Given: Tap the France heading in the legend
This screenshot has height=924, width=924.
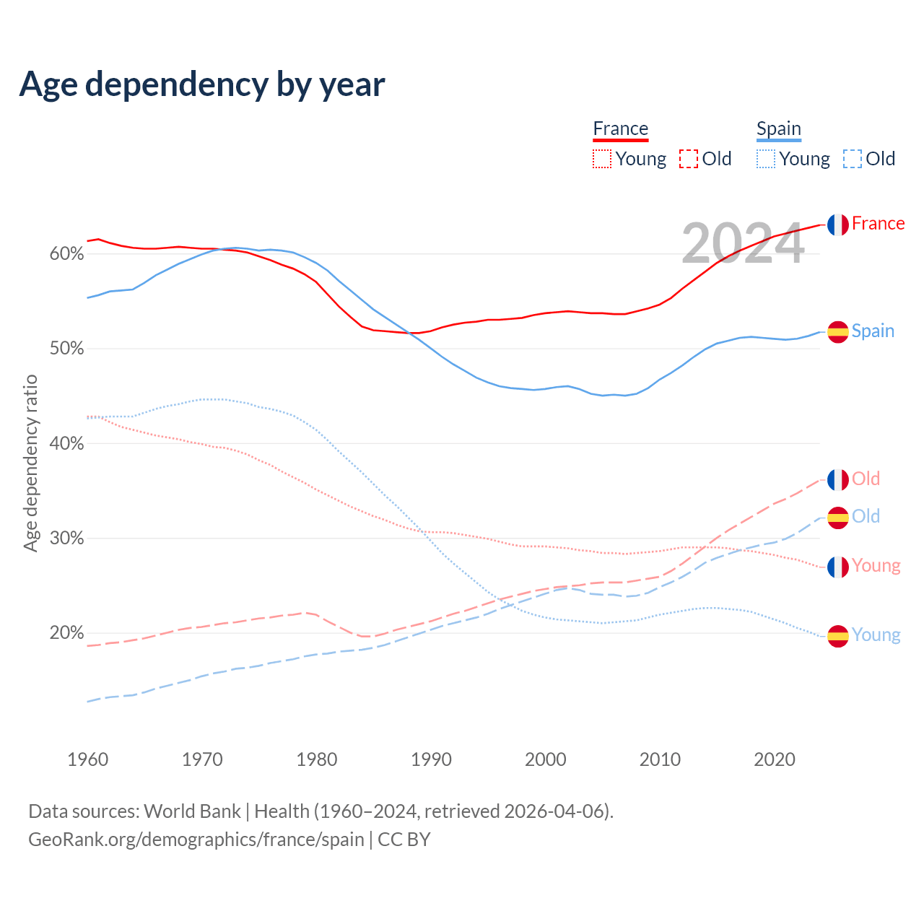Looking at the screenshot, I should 621,128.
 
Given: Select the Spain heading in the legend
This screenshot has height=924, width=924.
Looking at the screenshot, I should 779,128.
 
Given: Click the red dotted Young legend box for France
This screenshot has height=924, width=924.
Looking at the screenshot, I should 602,159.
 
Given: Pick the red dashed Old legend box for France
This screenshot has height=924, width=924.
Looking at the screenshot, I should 689,159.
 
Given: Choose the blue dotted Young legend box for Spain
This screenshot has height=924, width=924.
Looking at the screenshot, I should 766,159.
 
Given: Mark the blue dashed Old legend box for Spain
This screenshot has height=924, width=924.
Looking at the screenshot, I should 853,159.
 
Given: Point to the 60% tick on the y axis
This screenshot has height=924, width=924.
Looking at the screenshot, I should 66,254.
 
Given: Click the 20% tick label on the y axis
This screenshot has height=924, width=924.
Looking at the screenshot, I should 66,633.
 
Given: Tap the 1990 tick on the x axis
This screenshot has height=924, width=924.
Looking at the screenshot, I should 431,759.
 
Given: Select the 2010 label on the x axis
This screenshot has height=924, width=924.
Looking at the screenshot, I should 660,759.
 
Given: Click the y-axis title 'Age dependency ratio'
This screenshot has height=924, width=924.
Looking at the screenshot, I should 30,463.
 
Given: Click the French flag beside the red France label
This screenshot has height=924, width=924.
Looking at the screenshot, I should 837,225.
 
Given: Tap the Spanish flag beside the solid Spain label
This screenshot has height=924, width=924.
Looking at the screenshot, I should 837,332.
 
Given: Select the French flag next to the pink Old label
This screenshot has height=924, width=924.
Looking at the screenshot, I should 837,480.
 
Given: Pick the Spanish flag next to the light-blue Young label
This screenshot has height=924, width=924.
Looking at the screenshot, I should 837,636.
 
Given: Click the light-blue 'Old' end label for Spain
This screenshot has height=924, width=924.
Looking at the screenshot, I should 866,516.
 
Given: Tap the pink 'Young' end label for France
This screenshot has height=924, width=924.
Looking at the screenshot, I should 876,565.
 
